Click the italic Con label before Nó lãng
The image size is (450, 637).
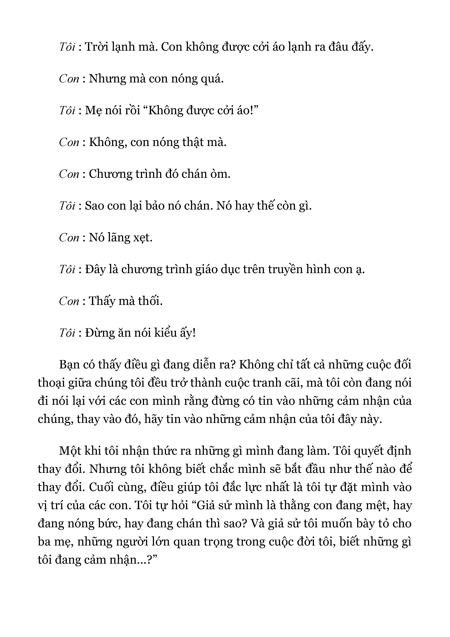(x=69, y=238)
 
